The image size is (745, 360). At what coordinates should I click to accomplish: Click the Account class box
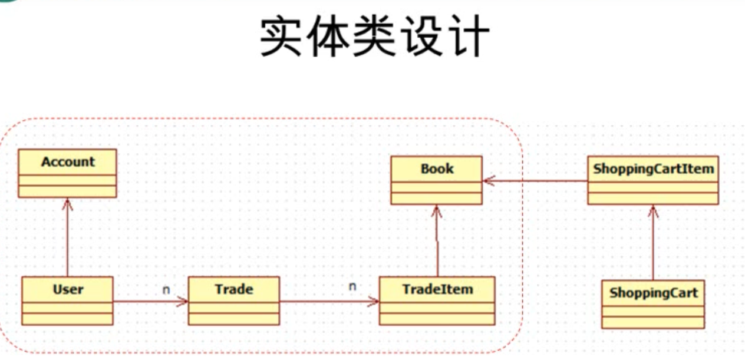coord(67,173)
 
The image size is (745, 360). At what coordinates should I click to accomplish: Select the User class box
coord(67,301)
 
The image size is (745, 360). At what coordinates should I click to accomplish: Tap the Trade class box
coord(234,301)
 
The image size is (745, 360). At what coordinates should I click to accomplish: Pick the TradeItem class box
coord(437,301)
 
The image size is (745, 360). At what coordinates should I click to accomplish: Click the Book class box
coord(437,180)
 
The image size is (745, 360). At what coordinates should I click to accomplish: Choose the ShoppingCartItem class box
coord(653,180)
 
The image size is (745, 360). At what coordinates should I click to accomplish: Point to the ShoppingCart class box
coord(653,304)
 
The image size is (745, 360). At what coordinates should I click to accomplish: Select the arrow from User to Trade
coord(150,302)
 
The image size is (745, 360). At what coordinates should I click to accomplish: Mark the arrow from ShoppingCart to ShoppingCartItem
coord(653,242)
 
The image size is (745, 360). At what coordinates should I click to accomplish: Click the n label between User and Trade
coord(166,290)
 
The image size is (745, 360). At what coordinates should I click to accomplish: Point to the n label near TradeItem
coord(352,286)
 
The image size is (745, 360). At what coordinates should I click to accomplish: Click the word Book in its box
coord(437,169)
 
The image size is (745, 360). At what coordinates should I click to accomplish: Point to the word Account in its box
coord(68,161)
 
